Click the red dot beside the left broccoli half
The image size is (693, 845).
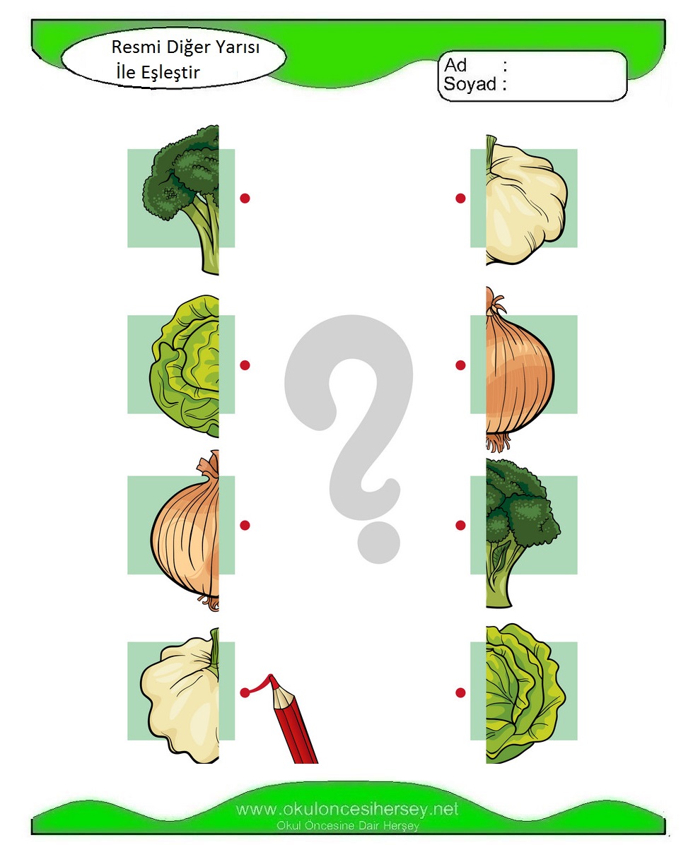[245, 199]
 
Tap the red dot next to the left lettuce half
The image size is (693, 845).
[245, 365]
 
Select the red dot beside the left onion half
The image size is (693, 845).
[245, 525]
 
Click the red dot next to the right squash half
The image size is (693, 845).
[460, 199]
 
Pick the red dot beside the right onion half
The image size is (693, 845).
[460, 365]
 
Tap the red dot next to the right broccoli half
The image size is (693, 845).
[460, 525]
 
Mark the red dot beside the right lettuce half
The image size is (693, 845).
[460, 692]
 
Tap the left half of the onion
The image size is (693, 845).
[186, 531]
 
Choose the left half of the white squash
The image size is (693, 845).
[180, 695]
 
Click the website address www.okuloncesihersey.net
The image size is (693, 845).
[347, 809]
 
